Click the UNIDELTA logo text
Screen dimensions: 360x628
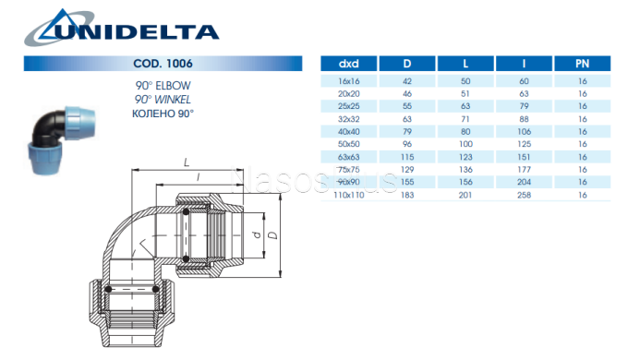click(139, 31)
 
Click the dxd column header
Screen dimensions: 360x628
click(348, 65)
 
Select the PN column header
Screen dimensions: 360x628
click(582, 65)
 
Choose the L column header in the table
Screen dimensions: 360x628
click(465, 65)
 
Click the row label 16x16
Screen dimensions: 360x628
click(348, 81)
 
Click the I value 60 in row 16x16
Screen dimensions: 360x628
click(523, 81)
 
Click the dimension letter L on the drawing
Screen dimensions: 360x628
click(187, 161)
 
